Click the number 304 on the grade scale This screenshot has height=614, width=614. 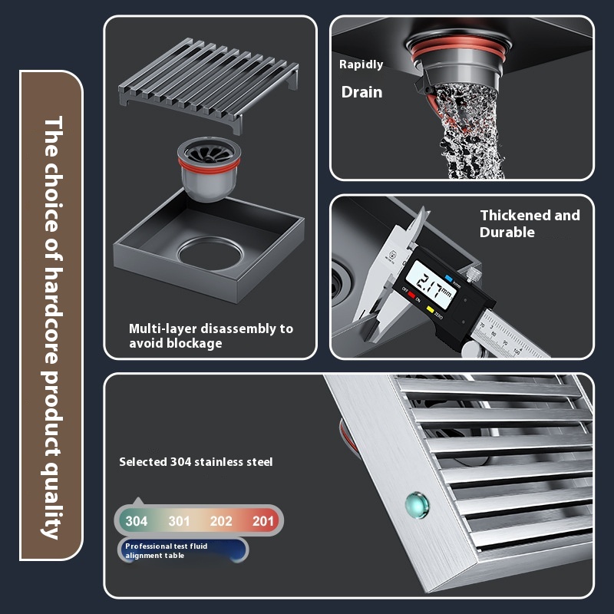(x=137, y=521)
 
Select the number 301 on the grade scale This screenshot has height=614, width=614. (x=179, y=521)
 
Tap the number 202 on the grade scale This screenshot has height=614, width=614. (x=221, y=521)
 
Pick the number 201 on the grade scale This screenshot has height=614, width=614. (x=262, y=521)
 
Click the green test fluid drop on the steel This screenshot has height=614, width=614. (x=417, y=505)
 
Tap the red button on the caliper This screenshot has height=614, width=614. (x=411, y=295)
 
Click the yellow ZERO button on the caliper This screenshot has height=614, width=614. (x=430, y=309)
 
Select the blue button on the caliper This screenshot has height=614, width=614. (x=448, y=279)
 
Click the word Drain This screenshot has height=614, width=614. (x=361, y=92)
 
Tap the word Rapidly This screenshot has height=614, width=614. (x=361, y=64)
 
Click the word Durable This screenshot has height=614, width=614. (x=507, y=233)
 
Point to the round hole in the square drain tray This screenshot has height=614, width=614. (x=210, y=253)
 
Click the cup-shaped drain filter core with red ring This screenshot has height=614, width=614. (x=209, y=168)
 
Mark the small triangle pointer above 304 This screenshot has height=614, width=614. (x=138, y=501)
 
